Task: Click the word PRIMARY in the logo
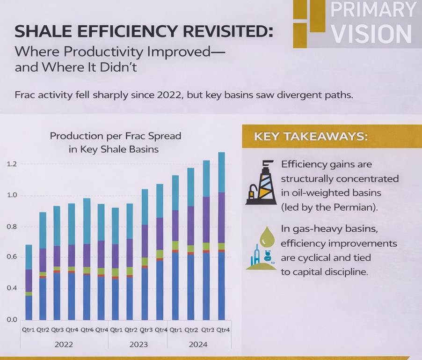coord(372,10)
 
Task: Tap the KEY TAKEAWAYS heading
coord(310,137)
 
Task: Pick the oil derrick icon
coord(261,183)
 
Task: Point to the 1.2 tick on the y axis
coord(12,164)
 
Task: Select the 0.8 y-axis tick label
coord(12,227)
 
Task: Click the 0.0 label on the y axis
coord(12,320)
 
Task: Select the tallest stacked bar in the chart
coord(221,236)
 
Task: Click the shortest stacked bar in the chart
coord(29,282)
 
